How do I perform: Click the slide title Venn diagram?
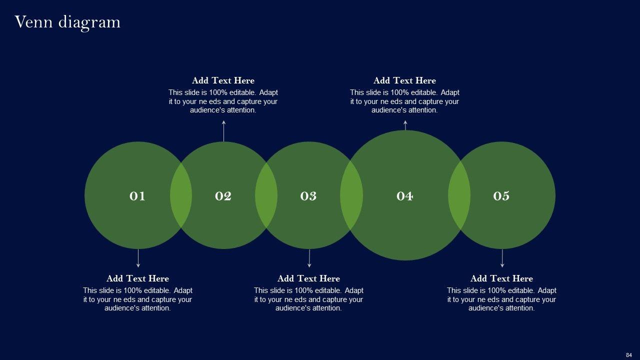tap(67, 22)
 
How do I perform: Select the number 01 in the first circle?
tap(137, 196)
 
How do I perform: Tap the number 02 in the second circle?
tap(223, 196)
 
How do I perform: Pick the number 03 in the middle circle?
tap(308, 196)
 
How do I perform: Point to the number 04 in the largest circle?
tap(404, 196)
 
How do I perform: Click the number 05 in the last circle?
tap(501, 196)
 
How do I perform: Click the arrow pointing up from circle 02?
tap(223, 131)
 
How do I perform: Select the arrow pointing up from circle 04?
tap(405, 125)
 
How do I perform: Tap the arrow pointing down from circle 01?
tap(138, 258)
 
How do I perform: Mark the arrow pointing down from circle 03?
tap(309, 258)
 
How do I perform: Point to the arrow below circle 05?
tap(502, 258)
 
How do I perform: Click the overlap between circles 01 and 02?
tap(181, 195)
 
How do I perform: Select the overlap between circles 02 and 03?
tap(266, 195)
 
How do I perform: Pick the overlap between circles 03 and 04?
tap(351, 195)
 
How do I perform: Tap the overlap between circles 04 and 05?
tap(459, 195)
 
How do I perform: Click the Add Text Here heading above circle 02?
tap(223, 80)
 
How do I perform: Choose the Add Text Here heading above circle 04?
tap(404, 80)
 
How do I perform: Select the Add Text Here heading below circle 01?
tap(137, 278)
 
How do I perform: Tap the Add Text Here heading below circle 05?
tap(501, 278)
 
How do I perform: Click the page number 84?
tap(628, 355)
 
